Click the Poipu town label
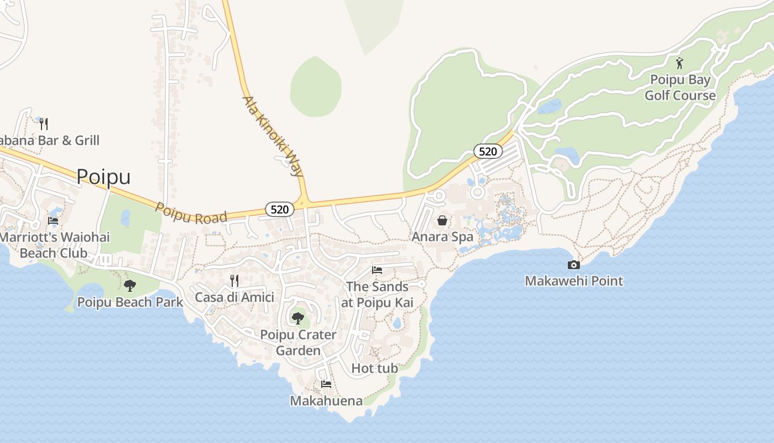103,177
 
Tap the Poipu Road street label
191,213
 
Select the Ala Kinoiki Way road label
273,136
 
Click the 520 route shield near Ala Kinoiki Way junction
280,209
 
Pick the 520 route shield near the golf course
488,151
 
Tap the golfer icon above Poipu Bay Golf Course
679,63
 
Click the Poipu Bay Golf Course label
680,88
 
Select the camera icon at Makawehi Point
574,265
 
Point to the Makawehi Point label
574,281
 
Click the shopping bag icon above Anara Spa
442,221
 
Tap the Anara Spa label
442,237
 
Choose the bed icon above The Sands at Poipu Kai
377,270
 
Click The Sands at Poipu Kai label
378,295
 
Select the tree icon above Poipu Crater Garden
298,318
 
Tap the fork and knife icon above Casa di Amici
234,281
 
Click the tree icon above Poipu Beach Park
130,286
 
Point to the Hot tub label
375,368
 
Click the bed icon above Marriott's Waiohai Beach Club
53,220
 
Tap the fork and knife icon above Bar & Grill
44,123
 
